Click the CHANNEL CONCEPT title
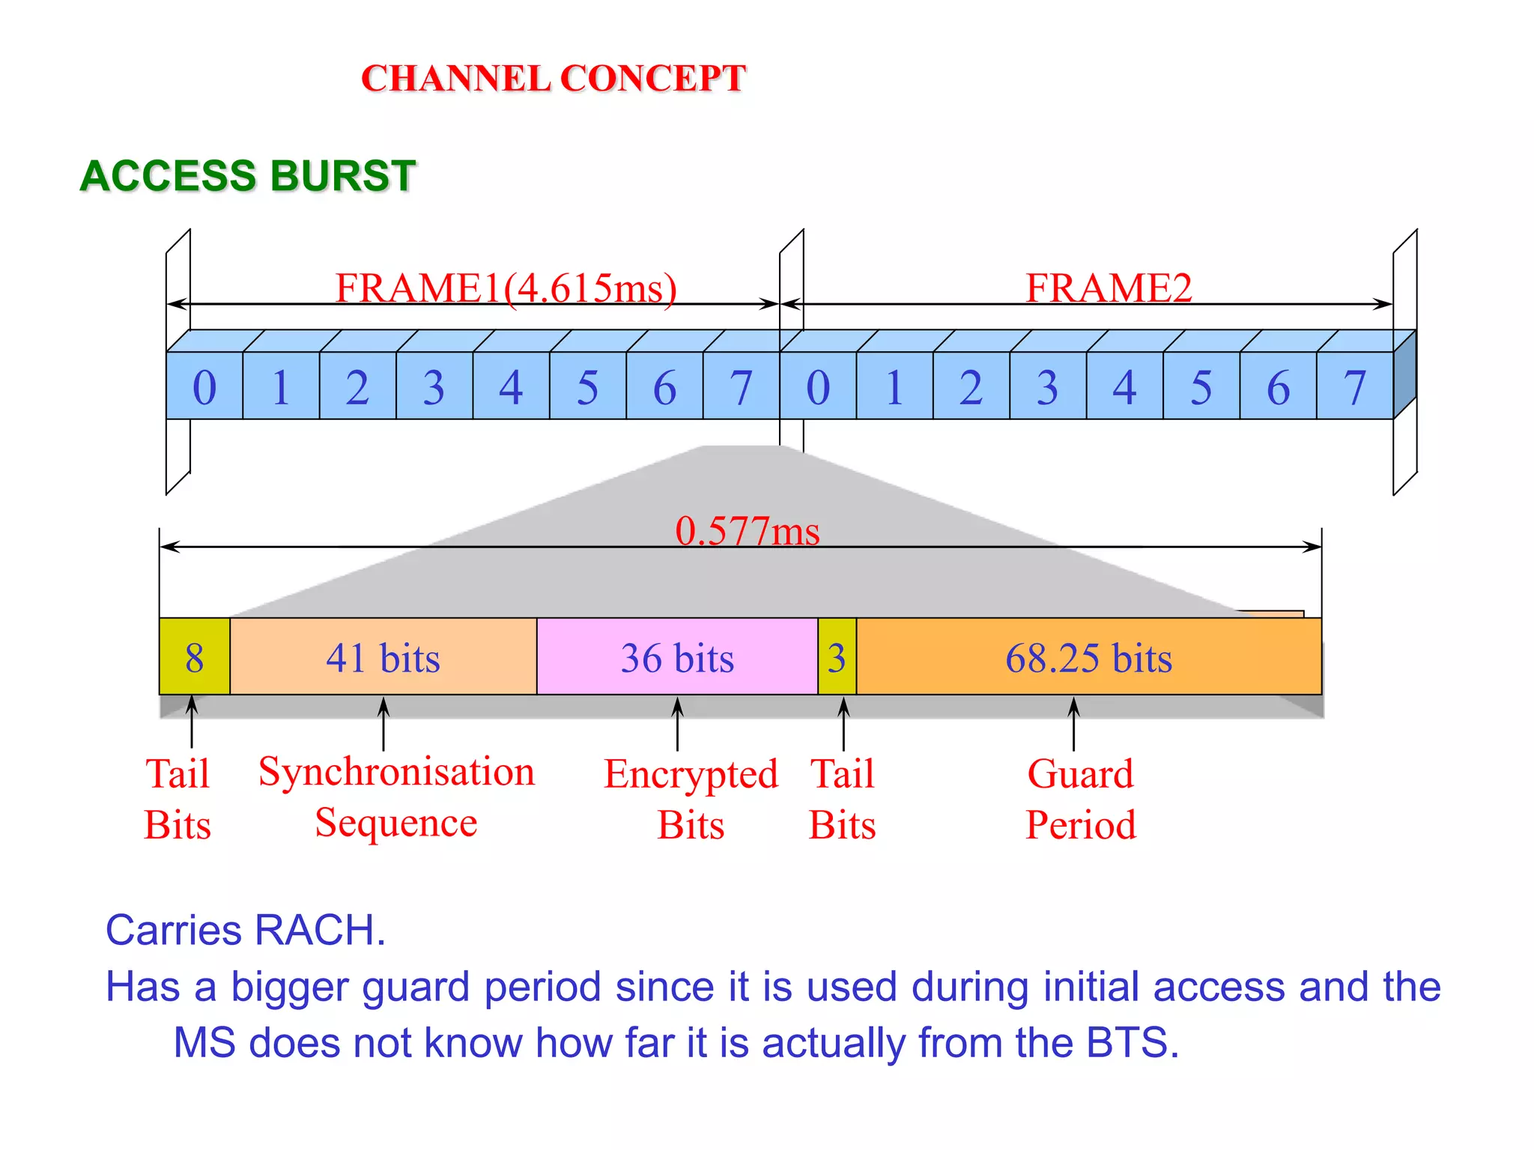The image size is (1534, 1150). tap(554, 79)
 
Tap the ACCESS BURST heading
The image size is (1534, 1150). tap(247, 177)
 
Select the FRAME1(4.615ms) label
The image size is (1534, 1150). tap(506, 287)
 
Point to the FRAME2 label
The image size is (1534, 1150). tap(1108, 287)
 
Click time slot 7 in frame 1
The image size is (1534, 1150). tap(741, 386)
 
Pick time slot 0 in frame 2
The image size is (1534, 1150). tap(818, 386)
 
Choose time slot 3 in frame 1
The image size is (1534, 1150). tap(434, 386)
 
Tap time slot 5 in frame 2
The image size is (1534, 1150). tap(1201, 386)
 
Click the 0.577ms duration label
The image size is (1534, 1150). tap(747, 531)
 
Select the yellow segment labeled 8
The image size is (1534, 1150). tap(195, 657)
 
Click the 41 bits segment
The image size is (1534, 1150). tap(383, 657)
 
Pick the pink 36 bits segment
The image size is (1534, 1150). tap(677, 657)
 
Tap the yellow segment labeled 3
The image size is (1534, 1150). tap(837, 657)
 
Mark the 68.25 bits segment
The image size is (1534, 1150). tap(1088, 657)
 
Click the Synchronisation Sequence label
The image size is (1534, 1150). tap(396, 797)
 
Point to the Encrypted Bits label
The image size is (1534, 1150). tap(691, 799)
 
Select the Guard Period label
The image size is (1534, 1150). tap(1080, 799)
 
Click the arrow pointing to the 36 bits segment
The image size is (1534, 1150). tap(677, 723)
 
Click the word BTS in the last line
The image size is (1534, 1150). tap(1131, 1042)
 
